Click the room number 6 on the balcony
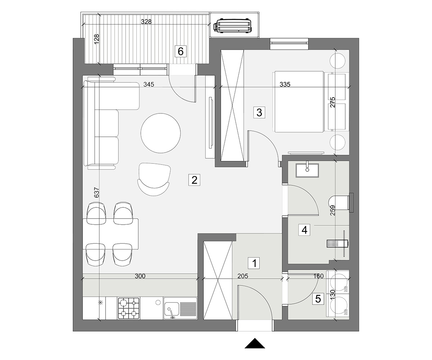click(x=180, y=51)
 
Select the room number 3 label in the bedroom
click(x=259, y=113)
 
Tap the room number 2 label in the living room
click(x=194, y=180)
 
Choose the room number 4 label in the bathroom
click(x=304, y=230)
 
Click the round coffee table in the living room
click(x=161, y=133)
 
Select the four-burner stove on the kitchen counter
click(x=129, y=308)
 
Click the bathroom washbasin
click(x=307, y=170)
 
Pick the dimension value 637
click(x=96, y=192)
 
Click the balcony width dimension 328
click(x=146, y=22)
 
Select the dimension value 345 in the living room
click(x=149, y=84)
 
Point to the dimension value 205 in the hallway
click(x=243, y=276)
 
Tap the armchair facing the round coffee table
click(x=154, y=179)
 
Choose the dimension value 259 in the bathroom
click(x=333, y=210)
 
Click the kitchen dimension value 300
click(x=140, y=276)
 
